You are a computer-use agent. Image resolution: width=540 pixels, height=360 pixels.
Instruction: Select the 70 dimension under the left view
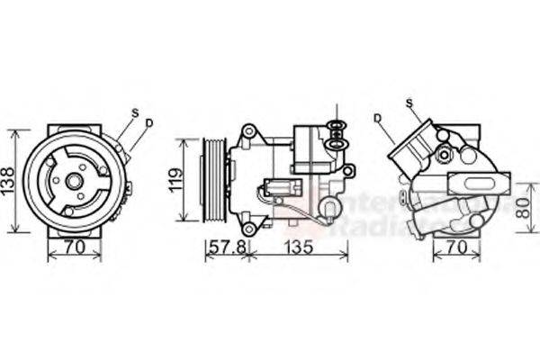pos(74,245)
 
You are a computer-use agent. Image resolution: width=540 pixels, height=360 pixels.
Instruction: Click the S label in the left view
pos(135,112)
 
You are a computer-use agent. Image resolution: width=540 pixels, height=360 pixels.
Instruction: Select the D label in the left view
pos(149,122)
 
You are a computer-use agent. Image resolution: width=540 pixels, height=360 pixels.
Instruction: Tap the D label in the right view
pos(378,117)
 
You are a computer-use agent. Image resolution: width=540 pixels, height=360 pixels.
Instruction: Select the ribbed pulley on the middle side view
pos(215,179)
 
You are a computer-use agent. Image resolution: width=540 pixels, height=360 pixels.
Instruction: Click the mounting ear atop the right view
pos(442,135)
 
